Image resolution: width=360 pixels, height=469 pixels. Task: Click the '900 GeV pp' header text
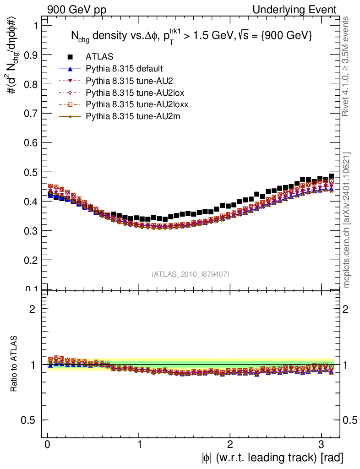(x=76, y=10)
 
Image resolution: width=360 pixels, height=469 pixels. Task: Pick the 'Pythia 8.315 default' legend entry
(x=124, y=69)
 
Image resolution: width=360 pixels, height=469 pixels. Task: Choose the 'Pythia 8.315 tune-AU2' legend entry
(x=125, y=81)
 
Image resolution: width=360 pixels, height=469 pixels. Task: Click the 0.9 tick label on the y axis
(x=30, y=55)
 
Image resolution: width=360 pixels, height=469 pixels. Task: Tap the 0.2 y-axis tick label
(x=30, y=260)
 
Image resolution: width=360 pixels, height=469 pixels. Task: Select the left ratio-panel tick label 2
(x=33, y=309)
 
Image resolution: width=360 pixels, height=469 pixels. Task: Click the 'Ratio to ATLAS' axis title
(x=14, y=364)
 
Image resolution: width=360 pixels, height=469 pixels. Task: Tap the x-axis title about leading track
(x=272, y=458)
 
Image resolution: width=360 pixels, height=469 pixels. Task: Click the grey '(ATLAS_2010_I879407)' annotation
(x=191, y=274)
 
